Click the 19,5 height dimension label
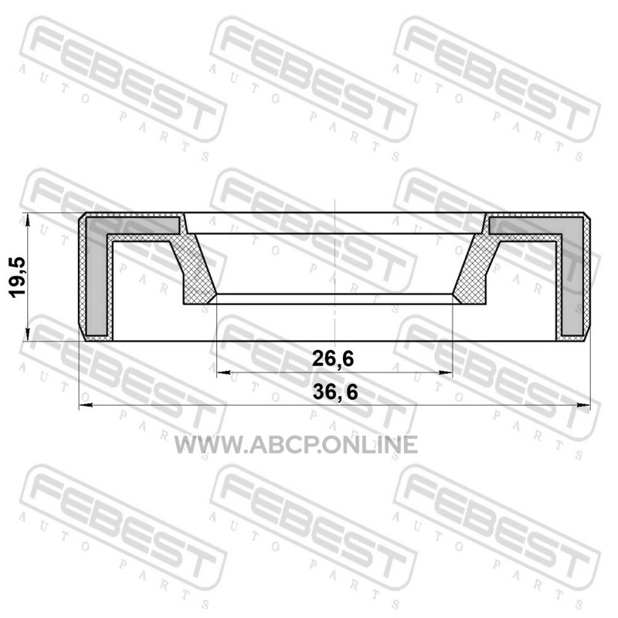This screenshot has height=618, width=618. tap(18, 277)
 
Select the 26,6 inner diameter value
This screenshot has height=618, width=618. tap(333, 358)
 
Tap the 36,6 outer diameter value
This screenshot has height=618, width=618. tap(335, 392)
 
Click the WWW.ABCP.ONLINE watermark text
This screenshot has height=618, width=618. tap(296, 445)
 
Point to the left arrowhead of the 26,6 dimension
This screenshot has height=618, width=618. tap(223, 372)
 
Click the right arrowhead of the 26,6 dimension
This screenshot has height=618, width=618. tap(446, 372)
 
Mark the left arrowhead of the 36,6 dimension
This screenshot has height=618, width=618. tap(86, 405)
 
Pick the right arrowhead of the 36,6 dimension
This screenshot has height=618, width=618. tap(583, 405)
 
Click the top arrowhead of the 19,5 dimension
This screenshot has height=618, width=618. tap(27, 220)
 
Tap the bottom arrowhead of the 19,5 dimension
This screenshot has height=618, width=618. tap(27, 334)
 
